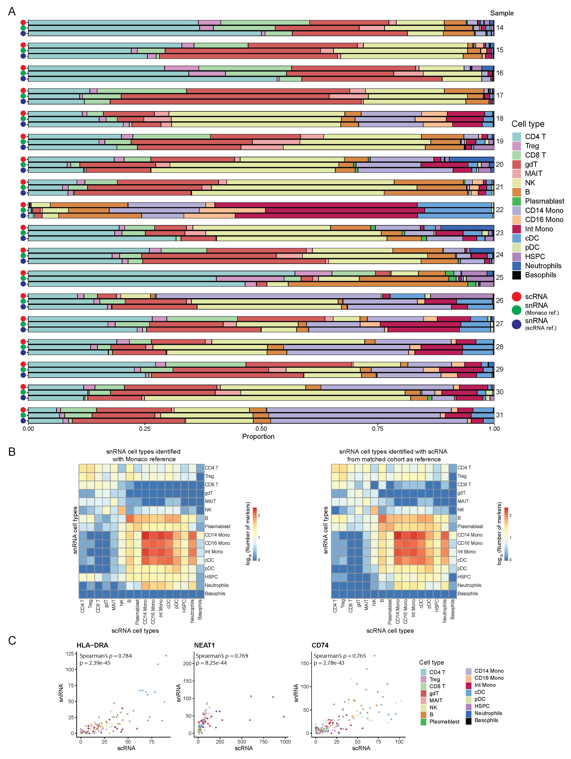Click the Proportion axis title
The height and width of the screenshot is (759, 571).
coord(258,436)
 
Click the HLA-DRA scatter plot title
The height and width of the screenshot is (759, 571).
coord(92,645)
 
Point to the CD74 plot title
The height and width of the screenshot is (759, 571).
coord(320,645)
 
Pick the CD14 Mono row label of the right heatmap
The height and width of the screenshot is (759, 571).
coord(470,535)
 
